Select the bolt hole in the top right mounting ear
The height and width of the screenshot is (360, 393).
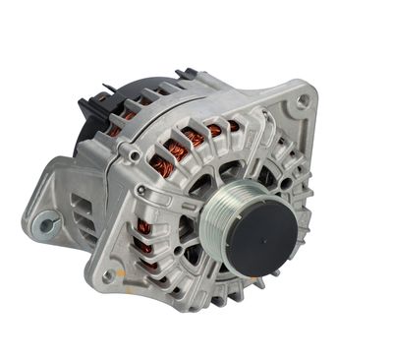pyautogui.click(x=304, y=99)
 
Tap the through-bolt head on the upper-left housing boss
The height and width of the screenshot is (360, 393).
pyautogui.click(x=131, y=154)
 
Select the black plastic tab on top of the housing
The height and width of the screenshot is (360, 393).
pyautogui.click(x=186, y=75)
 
